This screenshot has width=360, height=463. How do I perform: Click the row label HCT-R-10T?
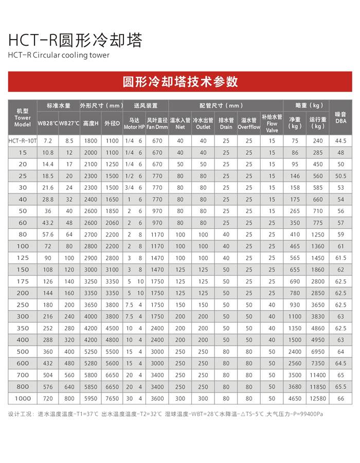[x=23, y=140]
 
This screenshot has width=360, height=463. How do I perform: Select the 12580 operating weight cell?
[x=318, y=399]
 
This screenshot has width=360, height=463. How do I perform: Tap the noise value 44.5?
[x=340, y=140]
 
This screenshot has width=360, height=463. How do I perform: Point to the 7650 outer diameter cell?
[x=112, y=399]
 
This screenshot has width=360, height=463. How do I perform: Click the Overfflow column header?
[x=249, y=123]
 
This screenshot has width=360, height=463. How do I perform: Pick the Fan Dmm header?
[x=157, y=123]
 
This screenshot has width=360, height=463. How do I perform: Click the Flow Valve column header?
[x=272, y=123]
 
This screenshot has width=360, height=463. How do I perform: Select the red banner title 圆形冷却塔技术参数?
[x=180, y=82]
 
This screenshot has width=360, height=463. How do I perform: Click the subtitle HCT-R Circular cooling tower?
[x=59, y=55]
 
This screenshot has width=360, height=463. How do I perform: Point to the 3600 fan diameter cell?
[x=157, y=399]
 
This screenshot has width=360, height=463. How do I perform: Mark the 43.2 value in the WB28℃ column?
[x=48, y=222]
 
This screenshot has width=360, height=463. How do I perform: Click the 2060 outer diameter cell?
[x=112, y=222]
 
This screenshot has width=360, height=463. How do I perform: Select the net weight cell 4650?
[x=295, y=399]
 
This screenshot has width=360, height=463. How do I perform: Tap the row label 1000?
[x=23, y=399]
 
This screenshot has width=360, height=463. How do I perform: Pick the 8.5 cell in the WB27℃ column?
[x=69, y=140]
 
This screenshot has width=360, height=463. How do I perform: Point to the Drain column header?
[x=226, y=123]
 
